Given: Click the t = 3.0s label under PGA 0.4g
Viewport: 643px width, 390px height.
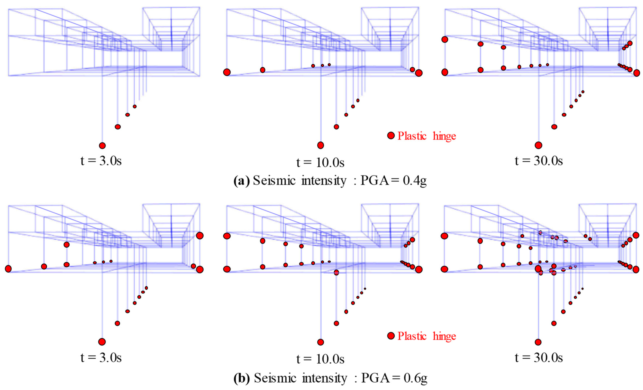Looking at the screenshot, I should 101,161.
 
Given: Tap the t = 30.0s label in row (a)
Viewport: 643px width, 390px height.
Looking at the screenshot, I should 539,161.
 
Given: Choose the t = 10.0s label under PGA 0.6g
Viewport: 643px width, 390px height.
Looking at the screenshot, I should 320,359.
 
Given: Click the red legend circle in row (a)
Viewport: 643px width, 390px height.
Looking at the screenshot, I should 391,135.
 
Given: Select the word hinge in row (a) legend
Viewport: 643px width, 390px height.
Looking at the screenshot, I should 444,136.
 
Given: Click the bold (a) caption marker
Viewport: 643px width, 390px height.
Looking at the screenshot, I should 241,181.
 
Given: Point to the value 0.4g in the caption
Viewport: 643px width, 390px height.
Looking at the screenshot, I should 415,181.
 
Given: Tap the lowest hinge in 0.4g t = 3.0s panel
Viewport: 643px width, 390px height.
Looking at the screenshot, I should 102,145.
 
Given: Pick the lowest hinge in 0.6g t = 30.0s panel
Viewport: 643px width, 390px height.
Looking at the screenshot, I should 538,342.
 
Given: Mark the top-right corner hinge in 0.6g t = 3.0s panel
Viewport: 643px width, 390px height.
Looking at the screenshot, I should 200,236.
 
